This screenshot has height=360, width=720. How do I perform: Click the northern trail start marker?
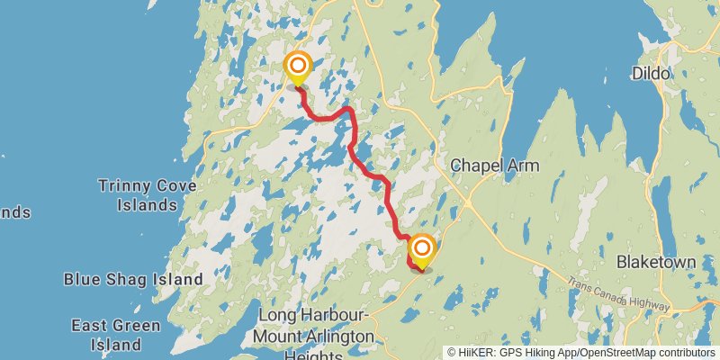pos(297,67)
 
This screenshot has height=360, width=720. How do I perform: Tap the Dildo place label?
pos(652,73)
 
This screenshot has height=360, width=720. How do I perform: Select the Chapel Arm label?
pos(494,166)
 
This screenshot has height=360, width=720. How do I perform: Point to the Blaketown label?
pos(656,262)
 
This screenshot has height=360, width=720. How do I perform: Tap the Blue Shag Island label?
pos(133,280)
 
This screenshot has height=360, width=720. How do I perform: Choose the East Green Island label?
pos(116,334)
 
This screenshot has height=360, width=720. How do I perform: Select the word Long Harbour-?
pos(313,316)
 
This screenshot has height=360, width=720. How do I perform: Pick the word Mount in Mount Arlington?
pos(280,336)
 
